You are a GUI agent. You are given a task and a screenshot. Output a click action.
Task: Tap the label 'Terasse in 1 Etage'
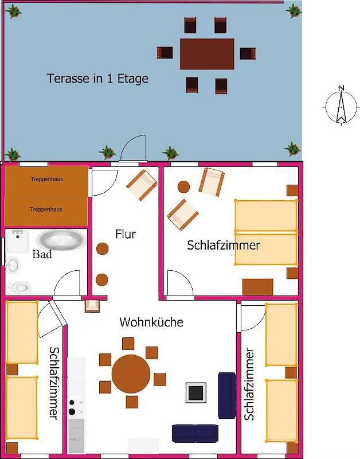(97, 79)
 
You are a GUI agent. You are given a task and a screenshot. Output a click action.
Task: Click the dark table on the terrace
(207, 53)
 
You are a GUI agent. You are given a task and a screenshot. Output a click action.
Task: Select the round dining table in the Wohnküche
(131, 374)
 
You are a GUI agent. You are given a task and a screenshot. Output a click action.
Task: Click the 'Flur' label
(125, 234)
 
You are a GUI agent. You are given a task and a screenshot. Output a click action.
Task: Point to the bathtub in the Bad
(59, 241)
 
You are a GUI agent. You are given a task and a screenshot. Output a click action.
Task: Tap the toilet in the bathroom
(21, 285)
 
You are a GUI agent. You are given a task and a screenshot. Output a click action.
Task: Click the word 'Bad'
(42, 254)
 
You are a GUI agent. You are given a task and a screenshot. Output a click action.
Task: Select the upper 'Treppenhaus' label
(46, 179)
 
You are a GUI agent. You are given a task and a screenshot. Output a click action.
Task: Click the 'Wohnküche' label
(151, 322)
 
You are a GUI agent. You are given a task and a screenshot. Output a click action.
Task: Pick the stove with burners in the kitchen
(76, 407)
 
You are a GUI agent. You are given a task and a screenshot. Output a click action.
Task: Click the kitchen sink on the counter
(76, 435)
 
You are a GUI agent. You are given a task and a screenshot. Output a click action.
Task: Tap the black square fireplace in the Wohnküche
(195, 392)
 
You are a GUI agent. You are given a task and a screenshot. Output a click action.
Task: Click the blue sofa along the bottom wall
(195, 433)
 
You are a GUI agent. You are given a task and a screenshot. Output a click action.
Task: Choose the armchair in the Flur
(142, 185)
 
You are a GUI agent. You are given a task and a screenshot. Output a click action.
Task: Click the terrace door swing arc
(133, 147)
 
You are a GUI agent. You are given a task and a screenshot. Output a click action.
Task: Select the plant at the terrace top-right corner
(293, 10)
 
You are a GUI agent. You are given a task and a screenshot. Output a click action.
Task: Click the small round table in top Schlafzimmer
(183, 186)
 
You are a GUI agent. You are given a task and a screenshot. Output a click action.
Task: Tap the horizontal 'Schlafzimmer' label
(224, 246)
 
